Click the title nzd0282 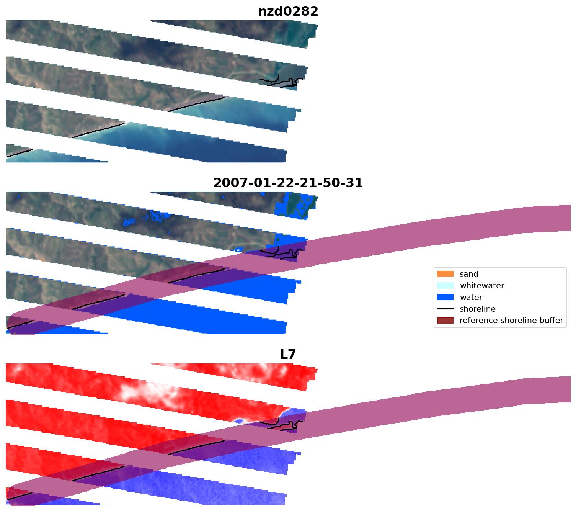[288, 11]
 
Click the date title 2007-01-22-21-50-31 [288, 183]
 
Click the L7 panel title [288, 355]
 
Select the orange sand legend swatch [445, 274]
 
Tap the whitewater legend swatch [445, 286]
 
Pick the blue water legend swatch [445, 297]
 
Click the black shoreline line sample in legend [445, 309]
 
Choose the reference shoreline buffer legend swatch [445, 321]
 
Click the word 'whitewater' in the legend [482, 286]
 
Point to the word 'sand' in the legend [469, 274]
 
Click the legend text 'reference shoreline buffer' [511, 321]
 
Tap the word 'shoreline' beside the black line [477, 309]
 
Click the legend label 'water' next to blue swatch [471, 297]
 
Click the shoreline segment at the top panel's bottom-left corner [19, 153]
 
